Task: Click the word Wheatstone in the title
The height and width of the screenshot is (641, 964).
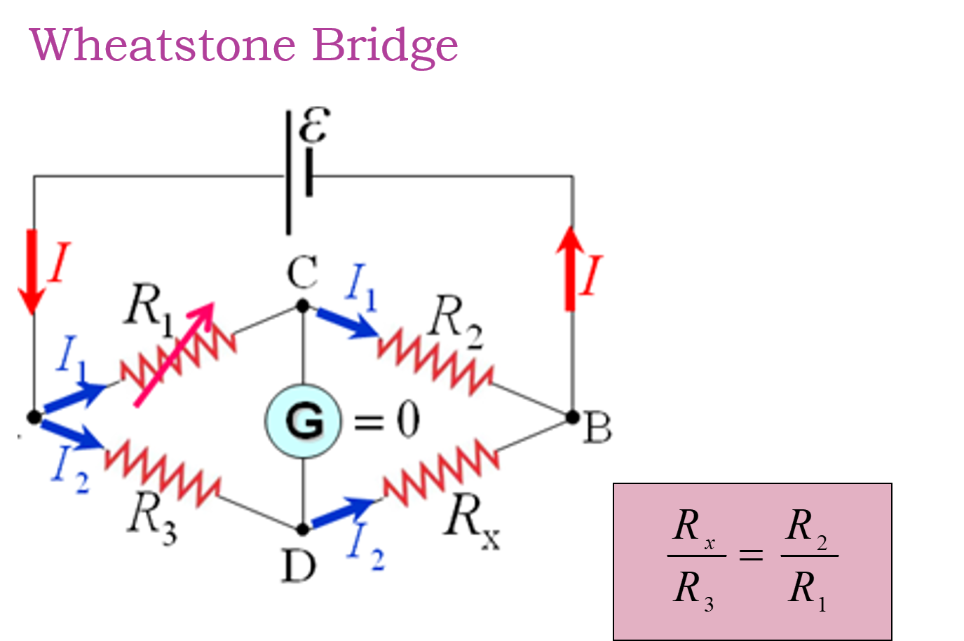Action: pos(163,46)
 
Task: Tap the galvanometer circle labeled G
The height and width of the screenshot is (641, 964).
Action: pos(304,421)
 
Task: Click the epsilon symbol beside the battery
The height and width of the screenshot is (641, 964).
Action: pos(313,126)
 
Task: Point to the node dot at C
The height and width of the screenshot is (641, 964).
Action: pos(303,306)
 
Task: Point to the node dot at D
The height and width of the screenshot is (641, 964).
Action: pos(303,529)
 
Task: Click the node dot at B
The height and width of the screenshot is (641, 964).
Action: pos(572,418)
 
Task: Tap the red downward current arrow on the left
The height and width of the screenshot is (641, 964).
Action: pos(32,270)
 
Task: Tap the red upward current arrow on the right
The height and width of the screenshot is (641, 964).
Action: pos(571,269)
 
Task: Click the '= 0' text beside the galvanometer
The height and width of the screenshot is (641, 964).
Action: pos(386,421)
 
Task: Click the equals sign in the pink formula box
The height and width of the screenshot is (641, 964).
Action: pos(751,556)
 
